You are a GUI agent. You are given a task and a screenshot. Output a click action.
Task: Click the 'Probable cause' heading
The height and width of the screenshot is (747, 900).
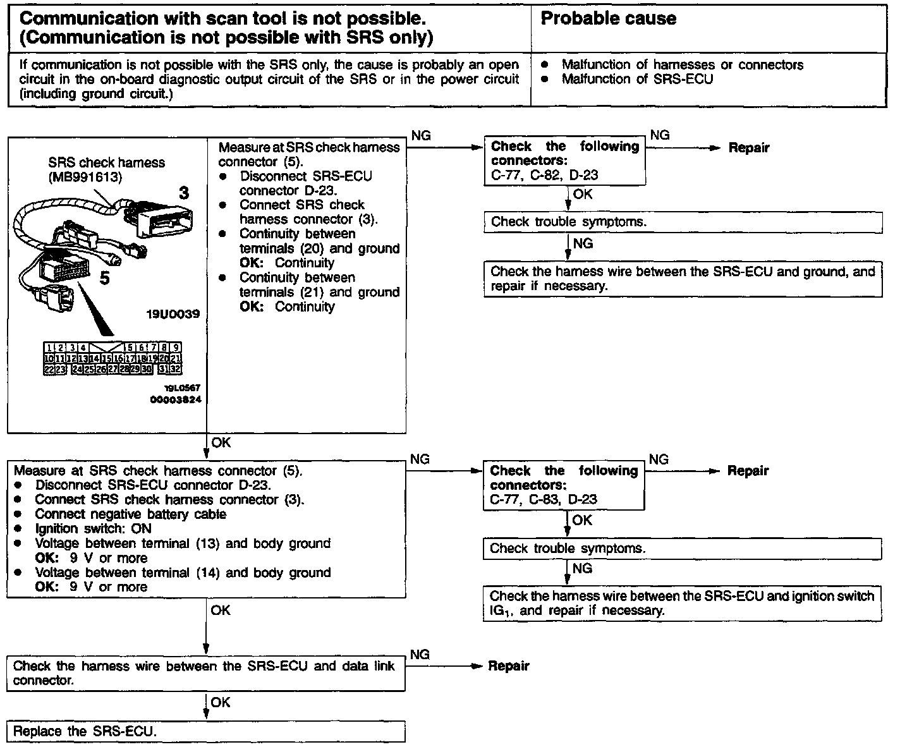pyautogui.click(x=608, y=19)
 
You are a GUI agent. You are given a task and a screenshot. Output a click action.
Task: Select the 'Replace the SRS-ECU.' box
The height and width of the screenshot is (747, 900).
pyautogui.click(x=205, y=732)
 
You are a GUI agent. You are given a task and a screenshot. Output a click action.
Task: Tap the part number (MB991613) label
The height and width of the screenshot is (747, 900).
pyautogui.click(x=85, y=177)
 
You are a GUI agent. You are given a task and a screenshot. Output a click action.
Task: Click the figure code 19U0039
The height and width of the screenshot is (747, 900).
pyautogui.click(x=173, y=314)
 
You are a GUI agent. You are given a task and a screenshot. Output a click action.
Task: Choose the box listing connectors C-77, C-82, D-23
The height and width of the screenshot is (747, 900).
pyautogui.click(x=565, y=161)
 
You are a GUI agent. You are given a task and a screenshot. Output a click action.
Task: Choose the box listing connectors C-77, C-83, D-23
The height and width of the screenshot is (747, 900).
pyautogui.click(x=564, y=485)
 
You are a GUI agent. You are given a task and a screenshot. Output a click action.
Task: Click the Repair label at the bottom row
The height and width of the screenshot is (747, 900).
pyautogui.click(x=509, y=666)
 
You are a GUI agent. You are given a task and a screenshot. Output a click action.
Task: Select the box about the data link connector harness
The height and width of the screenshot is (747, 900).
pyautogui.click(x=205, y=674)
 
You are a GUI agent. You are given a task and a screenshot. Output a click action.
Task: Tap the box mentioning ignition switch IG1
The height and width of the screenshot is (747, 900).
pyautogui.click(x=682, y=604)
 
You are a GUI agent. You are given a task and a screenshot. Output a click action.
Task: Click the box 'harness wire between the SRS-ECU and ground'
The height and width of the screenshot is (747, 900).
pyautogui.click(x=683, y=279)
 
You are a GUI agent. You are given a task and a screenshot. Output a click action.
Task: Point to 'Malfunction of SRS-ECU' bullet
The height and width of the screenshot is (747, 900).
pyautogui.click(x=637, y=80)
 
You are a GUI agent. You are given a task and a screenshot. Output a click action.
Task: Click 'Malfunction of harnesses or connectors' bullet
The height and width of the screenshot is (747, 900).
pyautogui.click(x=682, y=65)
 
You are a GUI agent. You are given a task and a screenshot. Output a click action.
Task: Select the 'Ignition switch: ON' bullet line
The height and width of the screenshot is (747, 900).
pyautogui.click(x=94, y=529)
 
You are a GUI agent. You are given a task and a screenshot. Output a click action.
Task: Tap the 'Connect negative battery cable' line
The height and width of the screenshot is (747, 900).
pyautogui.click(x=130, y=514)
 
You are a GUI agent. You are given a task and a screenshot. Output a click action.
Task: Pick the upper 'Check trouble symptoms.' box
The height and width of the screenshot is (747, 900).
pyautogui.click(x=683, y=222)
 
